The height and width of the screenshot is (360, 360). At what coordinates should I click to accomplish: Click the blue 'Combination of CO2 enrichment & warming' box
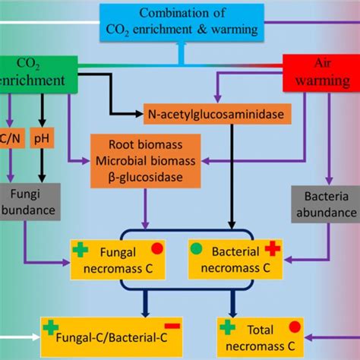(x=182, y=21)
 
